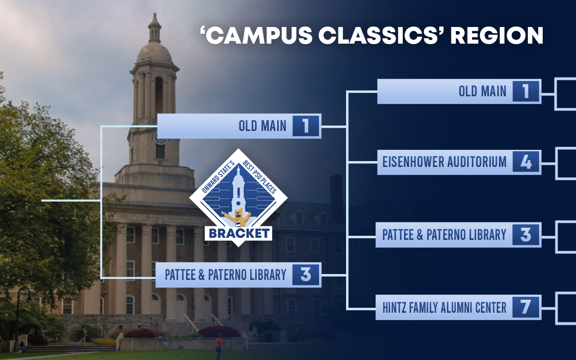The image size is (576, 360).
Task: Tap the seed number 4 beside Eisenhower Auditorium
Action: tap(526, 162)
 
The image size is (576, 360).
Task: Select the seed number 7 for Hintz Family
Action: tap(526, 307)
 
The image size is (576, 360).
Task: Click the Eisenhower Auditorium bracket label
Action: tap(444, 162)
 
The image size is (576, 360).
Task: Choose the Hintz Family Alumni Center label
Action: tap(444, 307)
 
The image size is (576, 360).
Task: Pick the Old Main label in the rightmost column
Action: tap(482, 91)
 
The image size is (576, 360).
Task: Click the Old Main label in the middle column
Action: tap(262, 126)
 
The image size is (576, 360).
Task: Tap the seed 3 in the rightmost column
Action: tap(526, 234)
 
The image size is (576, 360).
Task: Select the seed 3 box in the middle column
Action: tap(306, 274)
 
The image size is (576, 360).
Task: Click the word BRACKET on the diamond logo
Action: tap(239, 234)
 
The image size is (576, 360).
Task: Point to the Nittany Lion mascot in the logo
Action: tap(236, 217)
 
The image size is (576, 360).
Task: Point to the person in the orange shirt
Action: tap(219, 347)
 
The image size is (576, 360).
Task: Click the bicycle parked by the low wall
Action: tap(166, 343)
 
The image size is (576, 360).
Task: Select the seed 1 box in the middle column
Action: tap(306, 126)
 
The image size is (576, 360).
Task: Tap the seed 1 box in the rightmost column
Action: tap(526, 91)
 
